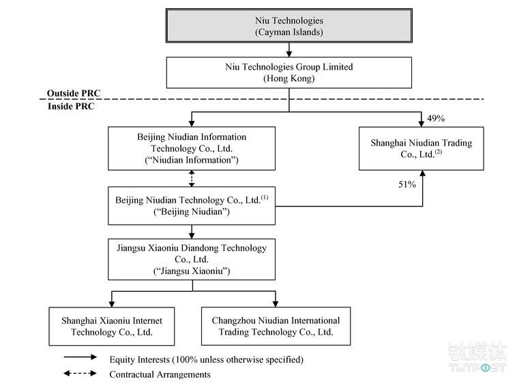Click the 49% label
point(436,118)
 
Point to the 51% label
point(407,184)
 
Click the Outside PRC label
point(74,93)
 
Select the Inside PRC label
point(71,106)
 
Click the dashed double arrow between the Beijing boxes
point(192,179)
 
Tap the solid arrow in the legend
point(80,357)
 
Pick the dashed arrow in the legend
point(80,373)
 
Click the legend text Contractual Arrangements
point(160,374)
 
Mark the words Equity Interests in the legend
point(140,359)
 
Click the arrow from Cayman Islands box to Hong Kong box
point(289,50)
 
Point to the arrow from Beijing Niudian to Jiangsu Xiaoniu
point(192,232)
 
